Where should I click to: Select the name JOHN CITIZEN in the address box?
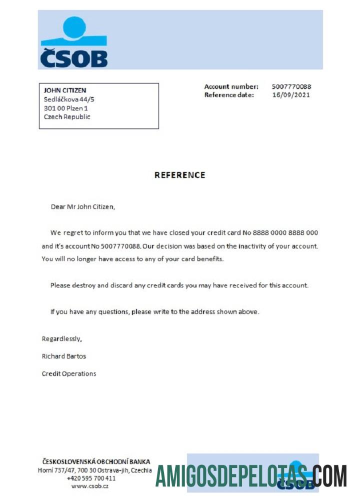point(65,90)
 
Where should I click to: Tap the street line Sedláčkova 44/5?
point(69,99)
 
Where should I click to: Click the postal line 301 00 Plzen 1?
point(66,108)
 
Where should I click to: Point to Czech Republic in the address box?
point(67,116)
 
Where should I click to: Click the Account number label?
point(231,86)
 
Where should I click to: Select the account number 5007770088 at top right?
point(291,86)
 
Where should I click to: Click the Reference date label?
point(229,94)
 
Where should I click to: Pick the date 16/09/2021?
point(290,94)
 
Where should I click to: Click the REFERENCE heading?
point(179,175)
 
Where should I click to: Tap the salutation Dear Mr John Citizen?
point(82,206)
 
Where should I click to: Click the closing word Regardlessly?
point(61,339)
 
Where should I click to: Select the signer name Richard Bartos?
point(64,356)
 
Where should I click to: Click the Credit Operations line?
point(69,373)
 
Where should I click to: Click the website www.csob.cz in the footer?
point(90,486)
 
